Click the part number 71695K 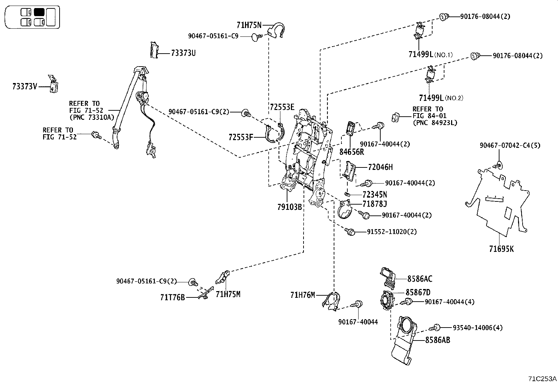pyautogui.click(x=502, y=249)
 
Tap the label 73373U pyautogui.click(x=183, y=53)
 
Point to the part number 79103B pyautogui.click(x=290, y=207)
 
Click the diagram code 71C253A pyautogui.click(x=542, y=379)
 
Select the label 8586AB pyautogui.click(x=437, y=339)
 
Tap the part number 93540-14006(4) pyautogui.click(x=477, y=328)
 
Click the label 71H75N pyautogui.click(x=249, y=25)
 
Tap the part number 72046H pyautogui.click(x=380, y=167)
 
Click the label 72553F pyautogui.click(x=240, y=137)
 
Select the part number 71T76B pyautogui.click(x=172, y=297)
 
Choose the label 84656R pyautogui.click(x=352, y=152)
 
